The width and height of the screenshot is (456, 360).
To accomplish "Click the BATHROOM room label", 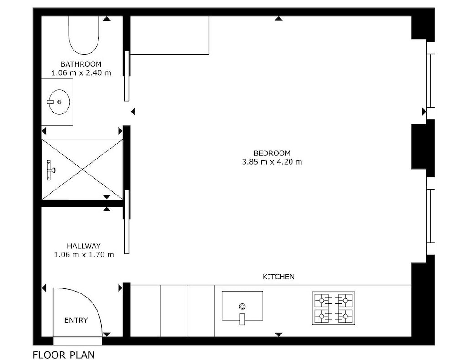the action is [81, 64].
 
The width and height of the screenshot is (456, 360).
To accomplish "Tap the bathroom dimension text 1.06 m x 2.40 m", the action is [81, 72].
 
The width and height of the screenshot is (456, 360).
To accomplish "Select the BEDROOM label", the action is [272, 153].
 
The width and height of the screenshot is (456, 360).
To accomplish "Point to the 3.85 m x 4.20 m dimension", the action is [272, 162].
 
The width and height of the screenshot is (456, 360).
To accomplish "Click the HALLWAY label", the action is [84, 246].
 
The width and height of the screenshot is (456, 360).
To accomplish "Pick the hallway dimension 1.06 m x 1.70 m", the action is [84, 255].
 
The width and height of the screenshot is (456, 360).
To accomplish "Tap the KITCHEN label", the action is [278, 277].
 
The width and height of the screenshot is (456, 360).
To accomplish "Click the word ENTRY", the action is [76, 320].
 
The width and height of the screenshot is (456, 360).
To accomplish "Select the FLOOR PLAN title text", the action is [63, 355].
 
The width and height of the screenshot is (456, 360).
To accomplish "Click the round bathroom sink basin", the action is [59, 102].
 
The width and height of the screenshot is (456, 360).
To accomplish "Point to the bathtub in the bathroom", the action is [84, 35].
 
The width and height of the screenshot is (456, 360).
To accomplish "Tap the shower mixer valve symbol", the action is [51, 170].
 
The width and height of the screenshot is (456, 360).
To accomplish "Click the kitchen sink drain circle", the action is [242, 306].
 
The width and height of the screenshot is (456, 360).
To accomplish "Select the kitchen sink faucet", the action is [242, 319].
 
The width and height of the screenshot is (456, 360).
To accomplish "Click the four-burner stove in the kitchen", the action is [334, 308].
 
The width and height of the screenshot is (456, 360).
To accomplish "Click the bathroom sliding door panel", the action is [127, 76].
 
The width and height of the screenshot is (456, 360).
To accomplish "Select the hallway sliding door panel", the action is [127, 222].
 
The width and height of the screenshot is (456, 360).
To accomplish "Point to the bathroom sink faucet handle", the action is [50, 102].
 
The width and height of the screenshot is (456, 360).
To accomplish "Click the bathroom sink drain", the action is [59, 102].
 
